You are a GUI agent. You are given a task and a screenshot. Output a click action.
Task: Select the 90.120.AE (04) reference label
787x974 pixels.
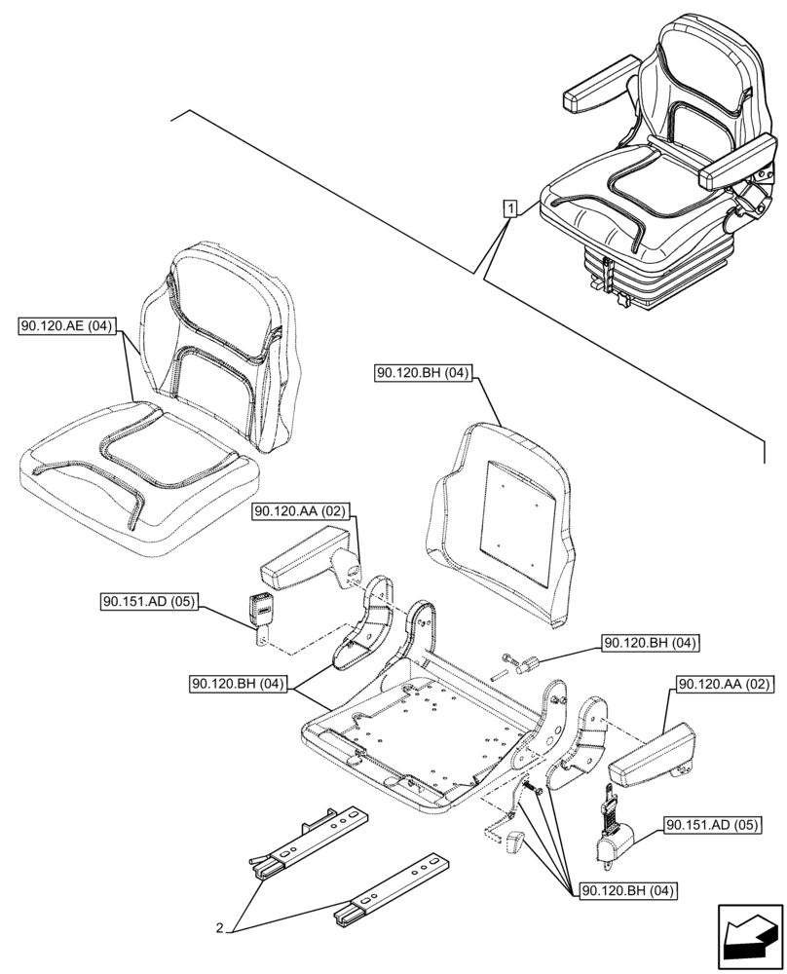click(x=65, y=327)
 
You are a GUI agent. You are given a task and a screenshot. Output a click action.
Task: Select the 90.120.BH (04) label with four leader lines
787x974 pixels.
click(x=629, y=890)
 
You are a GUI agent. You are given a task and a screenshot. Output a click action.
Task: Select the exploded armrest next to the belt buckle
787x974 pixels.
click(x=306, y=561)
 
